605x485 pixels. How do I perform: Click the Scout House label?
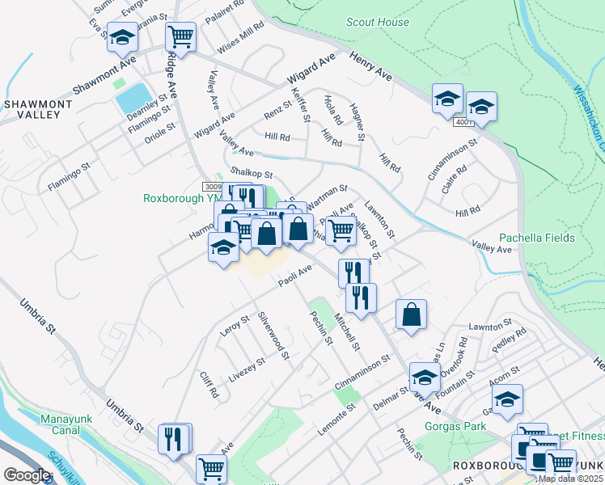point(378,23)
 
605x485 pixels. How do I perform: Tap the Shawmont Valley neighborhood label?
point(32,109)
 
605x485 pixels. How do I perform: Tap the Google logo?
point(26,475)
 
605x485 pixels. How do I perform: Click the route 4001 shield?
point(463,122)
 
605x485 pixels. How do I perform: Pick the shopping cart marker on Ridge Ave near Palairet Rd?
point(181,37)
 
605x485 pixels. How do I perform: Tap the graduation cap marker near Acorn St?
point(507,399)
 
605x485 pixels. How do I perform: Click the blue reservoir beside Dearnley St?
point(129,98)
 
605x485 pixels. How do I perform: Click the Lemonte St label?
point(336,422)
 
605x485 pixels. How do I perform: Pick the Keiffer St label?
point(301,105)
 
